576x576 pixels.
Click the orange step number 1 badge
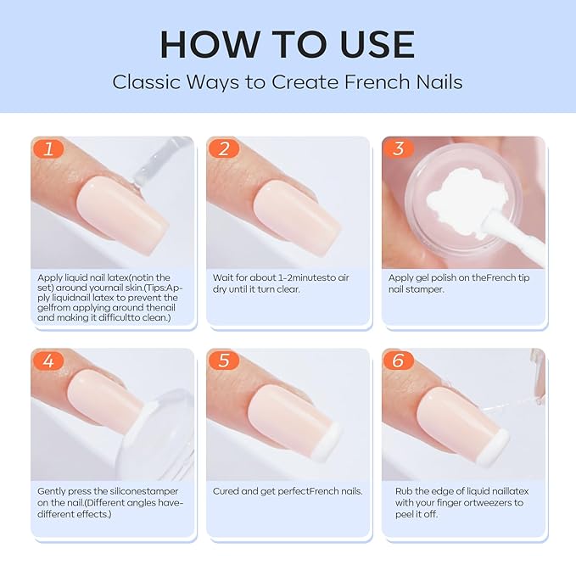(x=48, y=148)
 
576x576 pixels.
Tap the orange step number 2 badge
(x=224, y=148)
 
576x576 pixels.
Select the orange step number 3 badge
(x=399, y=148)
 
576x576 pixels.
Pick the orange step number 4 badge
(x=48, y=361)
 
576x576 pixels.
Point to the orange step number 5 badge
(x=224, y=361)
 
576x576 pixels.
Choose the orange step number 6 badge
(x=399, y=361)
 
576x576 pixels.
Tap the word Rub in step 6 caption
(x=405, y=491)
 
